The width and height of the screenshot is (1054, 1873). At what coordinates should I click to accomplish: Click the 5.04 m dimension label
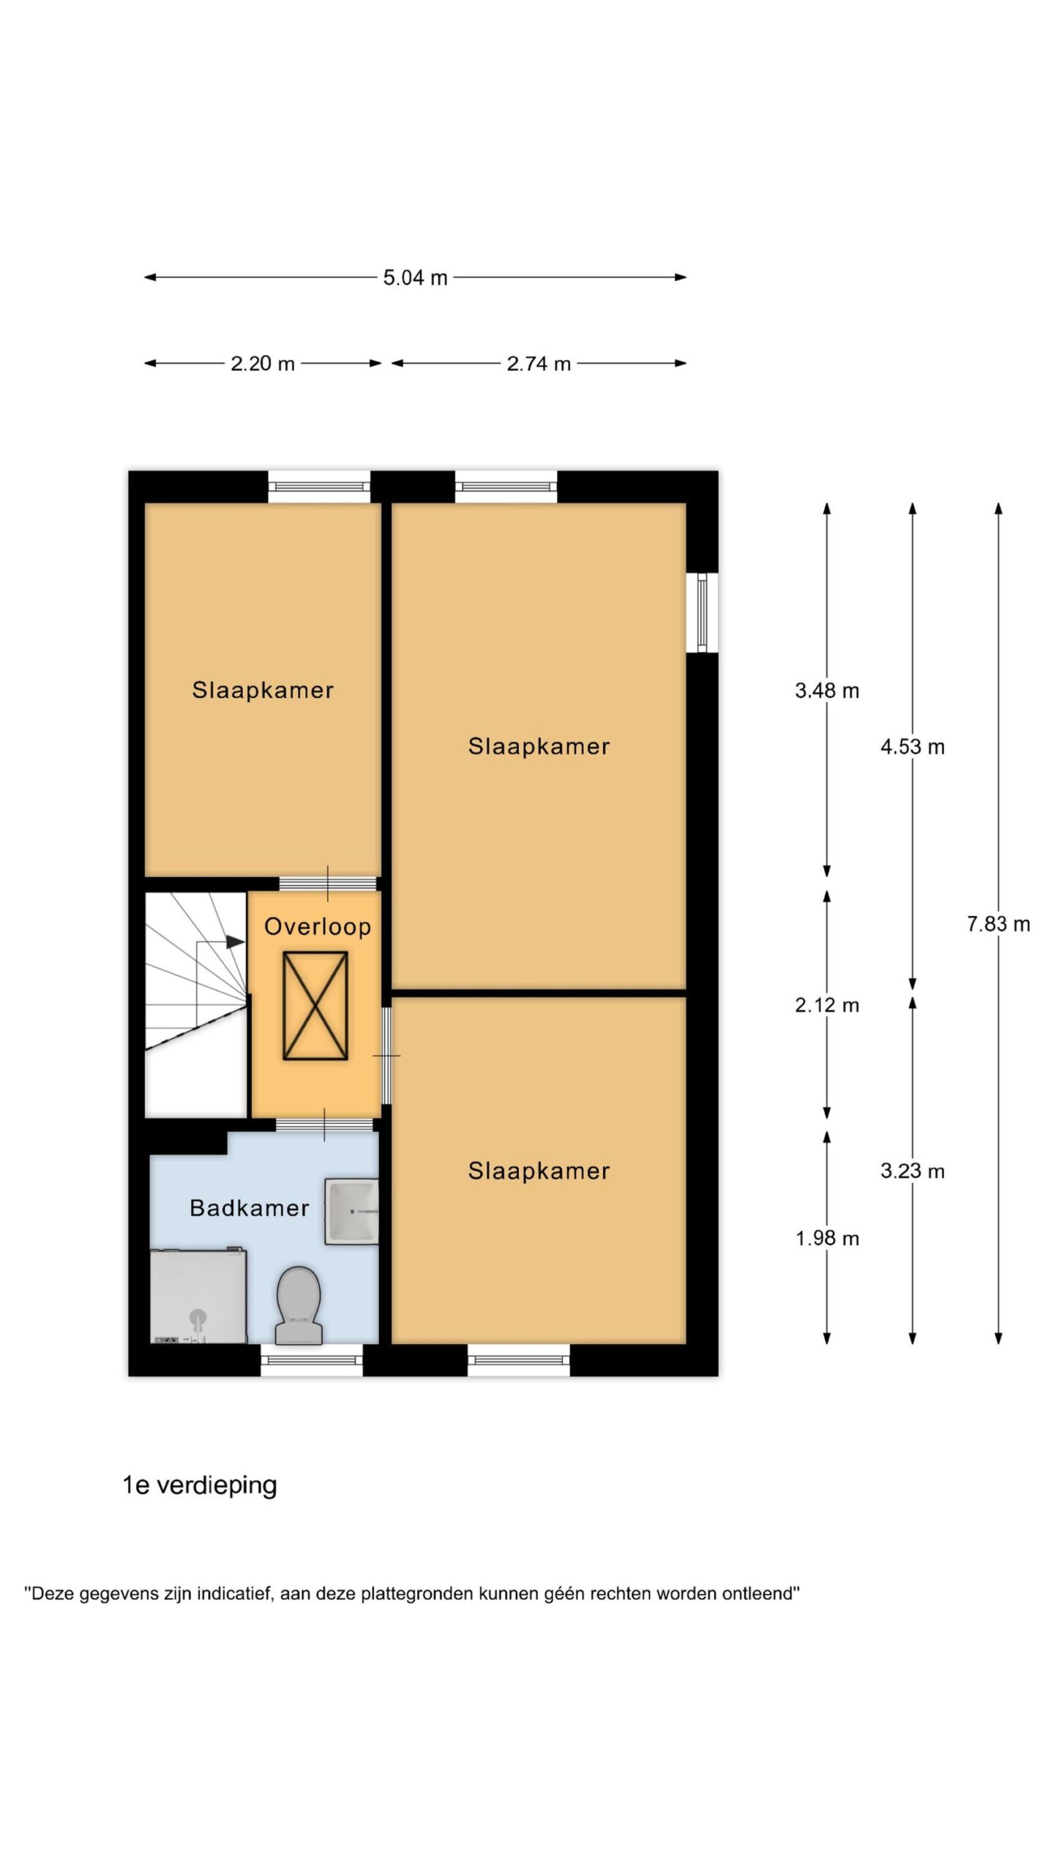click(x=415, y=278)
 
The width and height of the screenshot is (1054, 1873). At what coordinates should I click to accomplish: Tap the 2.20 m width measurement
click(x=263, y=364)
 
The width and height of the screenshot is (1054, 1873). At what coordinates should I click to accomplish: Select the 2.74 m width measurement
click(x=539, y=364)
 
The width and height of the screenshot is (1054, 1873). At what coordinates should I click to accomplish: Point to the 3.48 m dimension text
click(x=827, y=691)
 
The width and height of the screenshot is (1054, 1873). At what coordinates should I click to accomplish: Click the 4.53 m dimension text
click(x=913, y=747)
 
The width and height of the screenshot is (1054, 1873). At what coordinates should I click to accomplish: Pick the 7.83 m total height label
click(x=998, y=924)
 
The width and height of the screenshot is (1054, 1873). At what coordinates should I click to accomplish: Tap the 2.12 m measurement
click(x=827, y=1005)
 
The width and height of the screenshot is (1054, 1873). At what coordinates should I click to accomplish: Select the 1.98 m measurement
click(x=827, y=1239)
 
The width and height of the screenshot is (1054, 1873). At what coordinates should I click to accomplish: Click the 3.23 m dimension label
click(x=913, y=1171)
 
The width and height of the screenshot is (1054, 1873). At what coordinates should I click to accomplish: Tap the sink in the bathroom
click(x=351, y=1211)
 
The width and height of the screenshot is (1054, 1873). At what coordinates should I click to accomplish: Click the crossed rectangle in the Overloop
click(x=315, y=1005)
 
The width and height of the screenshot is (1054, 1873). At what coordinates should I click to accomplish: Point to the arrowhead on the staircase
click(x=234, y=942)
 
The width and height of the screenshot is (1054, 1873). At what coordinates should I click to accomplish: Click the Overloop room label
click(x=318, y=927)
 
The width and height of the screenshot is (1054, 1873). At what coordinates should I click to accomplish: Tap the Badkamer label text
click(x=250, y=1208)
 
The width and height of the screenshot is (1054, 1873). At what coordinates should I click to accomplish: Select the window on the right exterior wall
click(x=702, y=612)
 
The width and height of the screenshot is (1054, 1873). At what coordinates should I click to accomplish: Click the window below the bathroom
click(x=312, y=1360)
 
